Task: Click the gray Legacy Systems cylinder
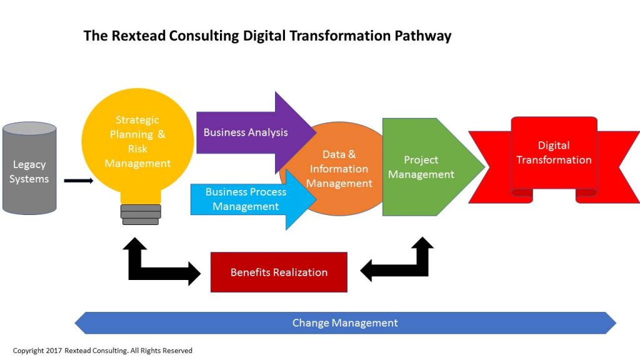pos(29,169)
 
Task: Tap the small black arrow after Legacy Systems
pos(78,181)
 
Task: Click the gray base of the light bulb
pos(141,214)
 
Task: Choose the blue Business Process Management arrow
pos(246,199)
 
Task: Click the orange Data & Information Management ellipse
pos(339,169)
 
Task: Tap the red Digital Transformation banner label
pos(554,152)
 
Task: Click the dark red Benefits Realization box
pos(279,272)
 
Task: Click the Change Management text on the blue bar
pos(345,323)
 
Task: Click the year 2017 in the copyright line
pos(54,351)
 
